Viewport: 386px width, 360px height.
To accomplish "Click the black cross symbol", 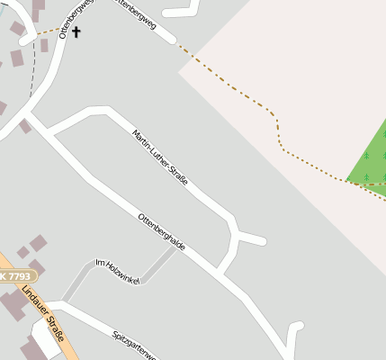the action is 76,32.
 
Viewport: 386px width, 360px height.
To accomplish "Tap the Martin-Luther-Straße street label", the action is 160,158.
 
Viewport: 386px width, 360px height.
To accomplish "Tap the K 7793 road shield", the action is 15,276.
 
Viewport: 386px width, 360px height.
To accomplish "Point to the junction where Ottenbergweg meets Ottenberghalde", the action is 30,115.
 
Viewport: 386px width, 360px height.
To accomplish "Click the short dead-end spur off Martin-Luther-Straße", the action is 252,239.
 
